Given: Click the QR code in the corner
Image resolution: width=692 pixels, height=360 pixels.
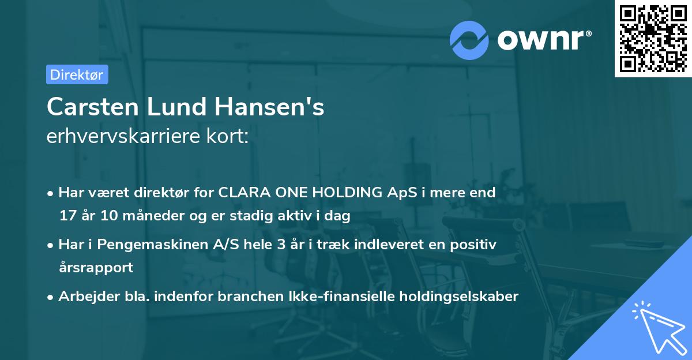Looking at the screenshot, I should (653, 38).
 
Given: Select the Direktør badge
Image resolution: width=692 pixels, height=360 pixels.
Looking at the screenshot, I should (77, 74).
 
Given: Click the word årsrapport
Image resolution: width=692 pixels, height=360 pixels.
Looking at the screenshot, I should (96, 268).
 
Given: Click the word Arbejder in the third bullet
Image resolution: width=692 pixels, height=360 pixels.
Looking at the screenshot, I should (83, 297).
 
